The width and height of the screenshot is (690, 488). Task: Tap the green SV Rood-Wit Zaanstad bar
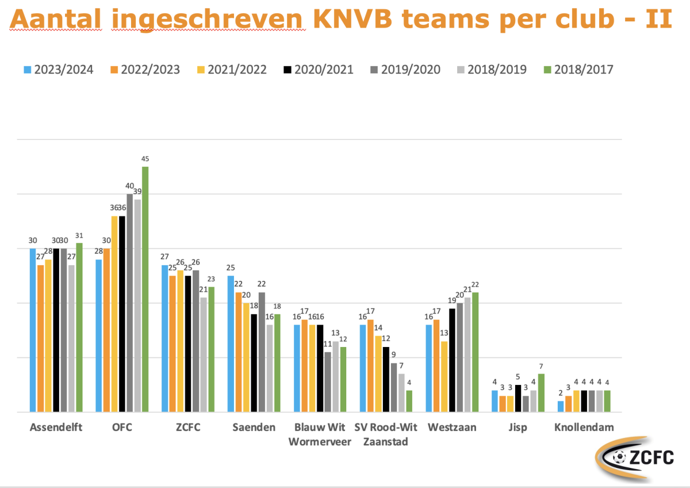click(409, 401)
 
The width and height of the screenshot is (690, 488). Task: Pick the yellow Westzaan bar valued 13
click(444, 376)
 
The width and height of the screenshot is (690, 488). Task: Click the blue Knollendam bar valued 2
click(561, 406)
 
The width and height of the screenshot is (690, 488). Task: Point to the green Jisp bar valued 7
click(541, 392)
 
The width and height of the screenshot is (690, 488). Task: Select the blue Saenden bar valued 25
click(231, 344)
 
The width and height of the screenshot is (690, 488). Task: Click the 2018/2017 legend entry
click(577, 70)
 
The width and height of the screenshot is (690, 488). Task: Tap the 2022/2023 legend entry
click(144, 70)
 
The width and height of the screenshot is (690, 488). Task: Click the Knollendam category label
click(584, 428)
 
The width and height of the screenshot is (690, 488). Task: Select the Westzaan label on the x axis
click(451, 428)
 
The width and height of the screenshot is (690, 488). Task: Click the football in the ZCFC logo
click(619, 457)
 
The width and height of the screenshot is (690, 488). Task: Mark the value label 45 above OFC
click(145, 159)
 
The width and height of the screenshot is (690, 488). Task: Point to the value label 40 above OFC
click(130, 186)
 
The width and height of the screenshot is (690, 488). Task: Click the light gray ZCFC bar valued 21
click(204, 354)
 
